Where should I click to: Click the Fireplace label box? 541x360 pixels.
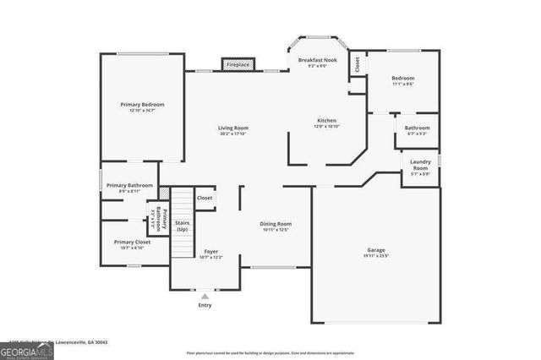tap(238, 64)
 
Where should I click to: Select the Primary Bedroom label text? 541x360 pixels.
tap(142, 105)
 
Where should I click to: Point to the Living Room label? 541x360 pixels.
tap(233, 128)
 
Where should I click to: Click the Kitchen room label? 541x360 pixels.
tap(327, 120)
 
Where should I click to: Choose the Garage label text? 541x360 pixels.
tap(376, 250)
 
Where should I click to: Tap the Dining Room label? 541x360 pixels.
tap(276, 224)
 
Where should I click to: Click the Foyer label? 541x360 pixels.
tap(211, 252)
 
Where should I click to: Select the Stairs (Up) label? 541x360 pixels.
tap(182, 226)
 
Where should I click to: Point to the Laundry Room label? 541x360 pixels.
tap(419, 165)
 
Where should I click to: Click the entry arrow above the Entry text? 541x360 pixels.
tap(205, 295)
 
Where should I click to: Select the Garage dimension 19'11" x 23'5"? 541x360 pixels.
tap(376, 257)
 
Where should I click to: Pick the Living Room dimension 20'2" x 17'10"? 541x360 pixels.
tap(233, 134)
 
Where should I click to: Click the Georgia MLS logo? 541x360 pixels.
tap(27, 349)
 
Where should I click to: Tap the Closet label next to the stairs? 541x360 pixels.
tap(205, 198)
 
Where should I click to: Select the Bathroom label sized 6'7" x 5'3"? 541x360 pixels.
tap(417, 128)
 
